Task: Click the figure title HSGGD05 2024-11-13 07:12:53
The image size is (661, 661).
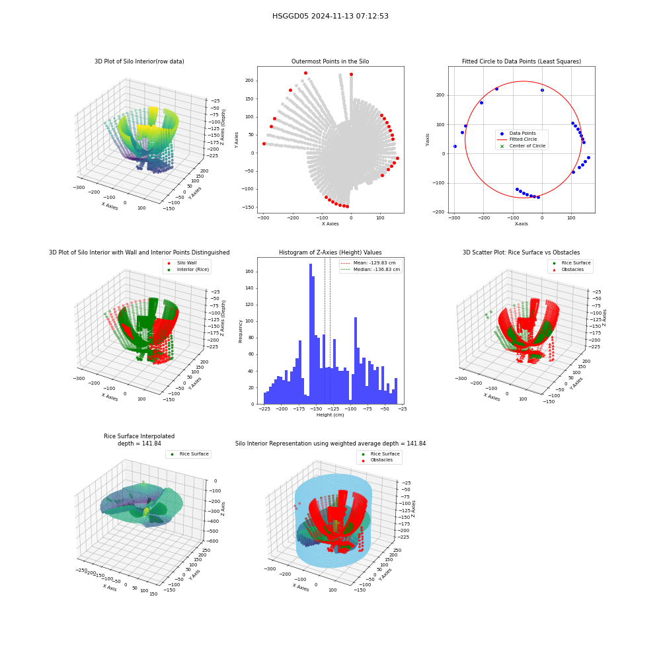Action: coord(330,16)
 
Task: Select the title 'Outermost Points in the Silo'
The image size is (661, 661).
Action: coord(330,61)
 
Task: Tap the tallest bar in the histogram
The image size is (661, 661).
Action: coord(311,334)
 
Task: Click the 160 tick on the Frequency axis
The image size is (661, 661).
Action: coord(249,272)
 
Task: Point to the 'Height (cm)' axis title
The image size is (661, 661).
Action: coord(330,415)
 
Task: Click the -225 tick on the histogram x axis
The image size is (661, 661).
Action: coord(264,409)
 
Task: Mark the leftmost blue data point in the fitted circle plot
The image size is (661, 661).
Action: coord(455,146)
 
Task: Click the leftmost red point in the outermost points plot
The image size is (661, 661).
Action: coord(264,143)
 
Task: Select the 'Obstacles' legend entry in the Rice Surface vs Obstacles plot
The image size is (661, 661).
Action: coord(572,270)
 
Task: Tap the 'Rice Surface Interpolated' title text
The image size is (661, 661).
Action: coord(139,436)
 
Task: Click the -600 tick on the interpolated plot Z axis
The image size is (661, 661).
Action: coord(213,541)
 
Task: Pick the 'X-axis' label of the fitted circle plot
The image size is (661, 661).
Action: coord(521,224)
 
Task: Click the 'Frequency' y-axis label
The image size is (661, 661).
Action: coord(241,331)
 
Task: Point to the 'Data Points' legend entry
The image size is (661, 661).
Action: coord(522,134)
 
